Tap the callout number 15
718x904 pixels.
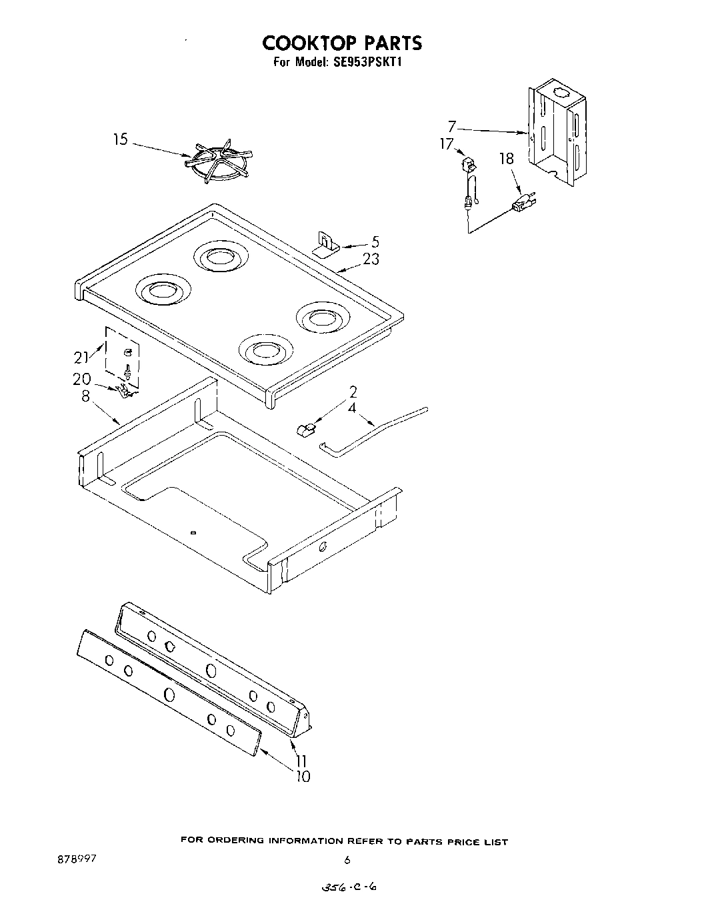(120, 139)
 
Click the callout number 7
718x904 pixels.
(452, 126)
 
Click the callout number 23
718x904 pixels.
(371, 260)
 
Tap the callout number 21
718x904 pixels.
(81, 358)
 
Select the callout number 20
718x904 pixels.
(81, 378)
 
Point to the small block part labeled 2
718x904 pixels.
(304, 429)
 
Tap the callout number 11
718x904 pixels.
(302, 760)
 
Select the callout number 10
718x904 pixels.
(302, 776)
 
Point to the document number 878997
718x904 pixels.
(77, 859)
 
